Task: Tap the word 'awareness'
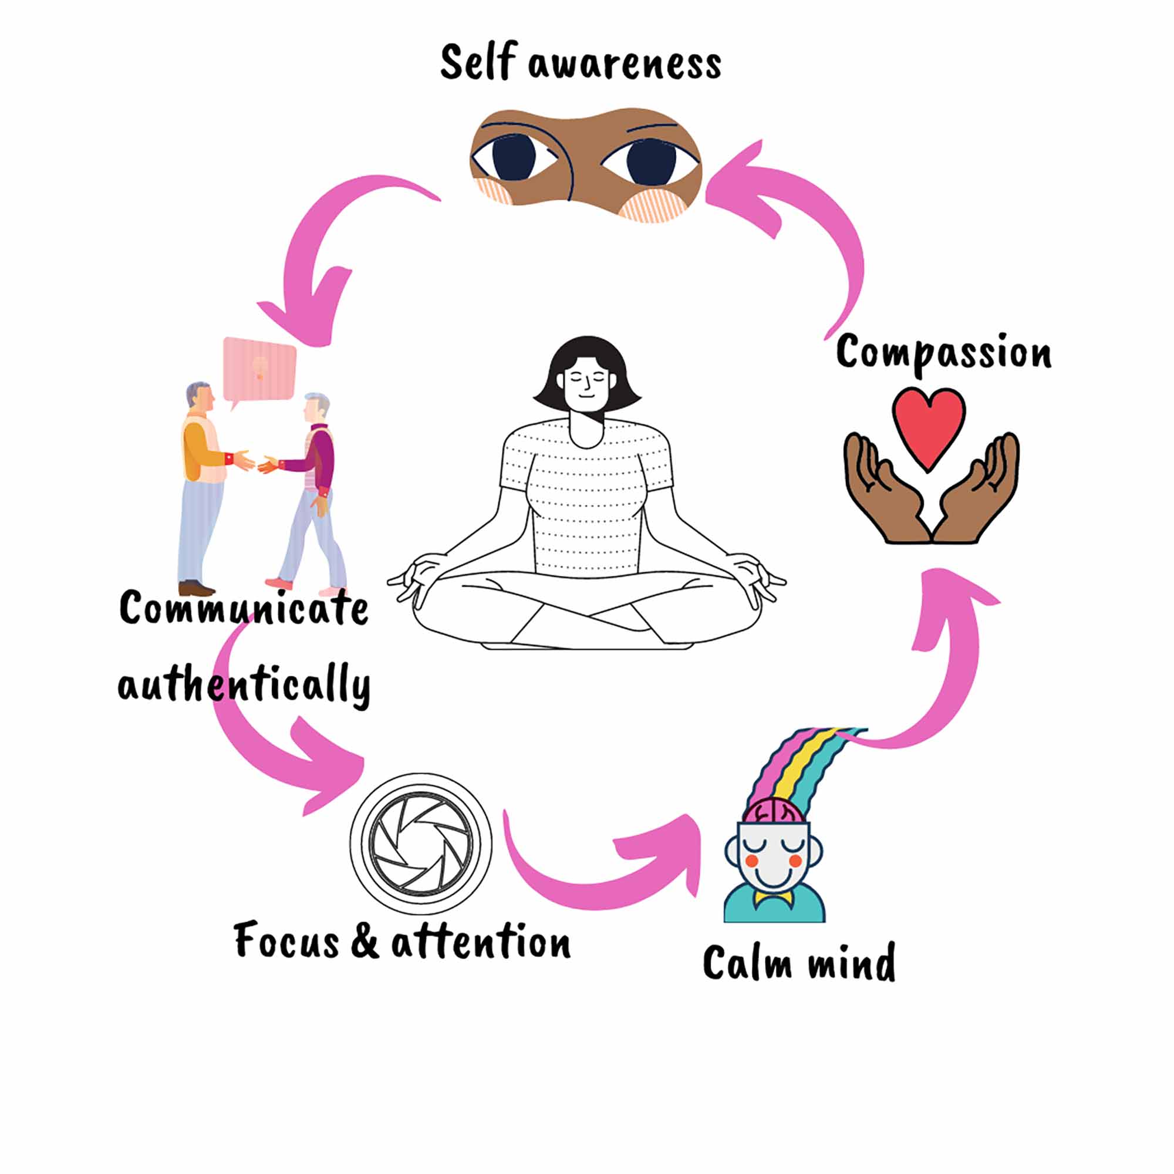[x=625, y=65]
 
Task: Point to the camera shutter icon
[x=420, y=844]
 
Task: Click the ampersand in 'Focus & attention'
[x=365, y=939]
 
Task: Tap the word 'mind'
[x=851, y=962]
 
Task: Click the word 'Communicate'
[x=244, y=607]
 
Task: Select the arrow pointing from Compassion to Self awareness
[x=808, y=212]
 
